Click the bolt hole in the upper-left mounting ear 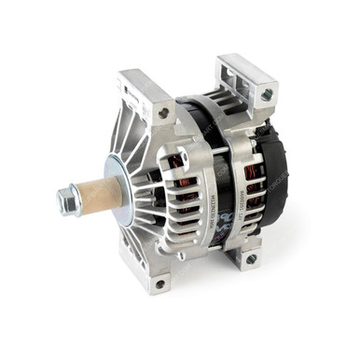(x=164, y=113)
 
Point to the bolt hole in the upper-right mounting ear (x=268, y=94)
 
